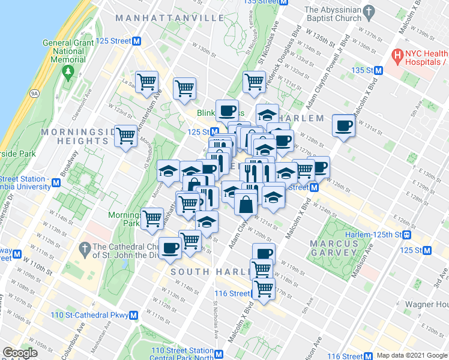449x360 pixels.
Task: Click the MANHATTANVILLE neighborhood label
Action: pos(170,18)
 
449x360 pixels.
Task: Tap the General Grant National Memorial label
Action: pos(68,51)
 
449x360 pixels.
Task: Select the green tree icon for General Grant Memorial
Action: pos(68,71)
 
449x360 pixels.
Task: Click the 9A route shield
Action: pos(34,93)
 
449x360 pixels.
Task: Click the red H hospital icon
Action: pos(396,56)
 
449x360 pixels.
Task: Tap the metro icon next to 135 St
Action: pos(378,71)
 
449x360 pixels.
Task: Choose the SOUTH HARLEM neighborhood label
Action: pos(207,272)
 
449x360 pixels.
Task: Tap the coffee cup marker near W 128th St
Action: pos(343,126)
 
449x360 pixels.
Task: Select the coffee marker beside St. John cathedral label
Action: pos(170,246)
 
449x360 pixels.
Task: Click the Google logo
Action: pos(20,353)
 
